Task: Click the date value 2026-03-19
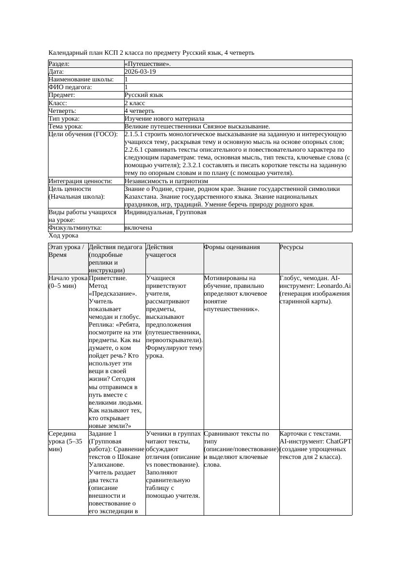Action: pos(140,72)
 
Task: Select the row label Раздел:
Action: pos(59,64)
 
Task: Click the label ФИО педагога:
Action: pos(70,87)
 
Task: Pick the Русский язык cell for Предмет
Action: pos(144,95)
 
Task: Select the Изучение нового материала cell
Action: pos(164,119)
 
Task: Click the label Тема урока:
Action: pos(65,126)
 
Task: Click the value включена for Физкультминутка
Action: pos(138,228)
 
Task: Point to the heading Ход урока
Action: pos(64,236)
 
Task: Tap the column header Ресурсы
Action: pos(291,247)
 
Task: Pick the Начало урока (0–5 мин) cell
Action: pos(68,282)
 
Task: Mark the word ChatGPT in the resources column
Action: pos(339,441)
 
